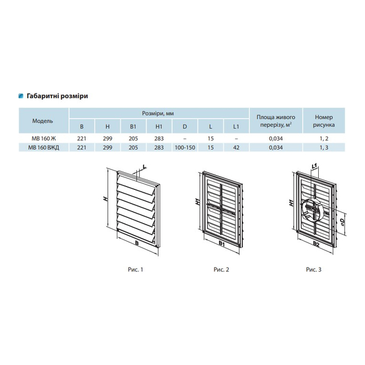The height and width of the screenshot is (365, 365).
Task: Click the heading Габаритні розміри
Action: [57, 96]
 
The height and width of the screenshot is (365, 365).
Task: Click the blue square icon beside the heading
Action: [21, 96]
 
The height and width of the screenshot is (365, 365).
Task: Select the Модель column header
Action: [43, 121]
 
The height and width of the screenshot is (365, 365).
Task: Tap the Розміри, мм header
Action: [158, 113]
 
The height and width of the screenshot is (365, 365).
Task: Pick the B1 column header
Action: [133, 127]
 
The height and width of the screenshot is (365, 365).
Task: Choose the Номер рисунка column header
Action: [324, 120]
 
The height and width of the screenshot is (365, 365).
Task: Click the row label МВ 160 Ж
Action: [44, 139]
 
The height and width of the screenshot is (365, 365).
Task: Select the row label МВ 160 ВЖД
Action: [44, 148]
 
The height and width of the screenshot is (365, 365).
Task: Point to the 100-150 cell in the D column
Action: [185, 148]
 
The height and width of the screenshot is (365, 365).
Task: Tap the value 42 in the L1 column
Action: [236, 148]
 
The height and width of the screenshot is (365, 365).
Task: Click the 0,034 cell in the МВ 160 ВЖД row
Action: [276, 148]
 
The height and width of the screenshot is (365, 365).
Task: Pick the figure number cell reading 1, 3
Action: [324, 148]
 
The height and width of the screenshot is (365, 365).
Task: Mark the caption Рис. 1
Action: [136, 270]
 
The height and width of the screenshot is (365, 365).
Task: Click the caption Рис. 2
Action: [221, 270]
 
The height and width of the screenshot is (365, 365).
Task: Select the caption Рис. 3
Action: [314, 270]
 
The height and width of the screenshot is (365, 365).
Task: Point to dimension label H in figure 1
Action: [106, 199]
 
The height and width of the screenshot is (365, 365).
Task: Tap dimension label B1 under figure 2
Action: [222, 244]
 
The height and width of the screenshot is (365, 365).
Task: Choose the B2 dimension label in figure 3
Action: [316, 244]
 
